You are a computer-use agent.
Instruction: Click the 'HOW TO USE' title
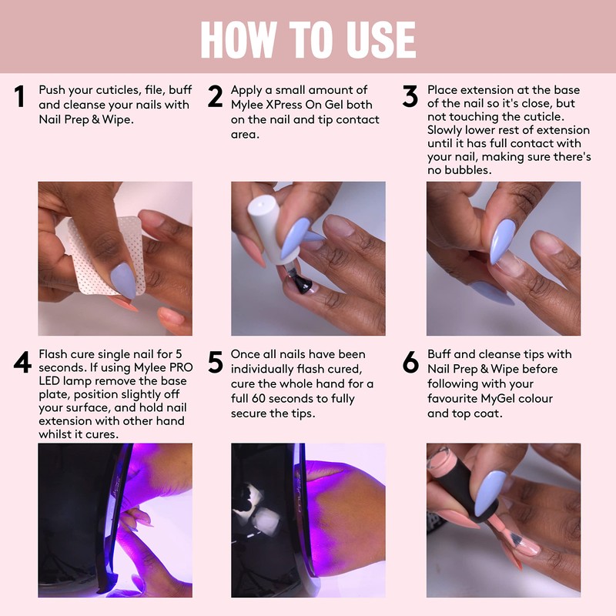tap(308, 38)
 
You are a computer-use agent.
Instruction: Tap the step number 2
tap(215, 97)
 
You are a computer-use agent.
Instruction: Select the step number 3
tap(410, 97)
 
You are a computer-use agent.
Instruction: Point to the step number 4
tap(22, 362)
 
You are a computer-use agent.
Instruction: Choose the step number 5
tap(216, 362)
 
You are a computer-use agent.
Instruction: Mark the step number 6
tap(410, 362)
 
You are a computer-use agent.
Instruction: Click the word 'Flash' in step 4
tap(56, 354)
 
